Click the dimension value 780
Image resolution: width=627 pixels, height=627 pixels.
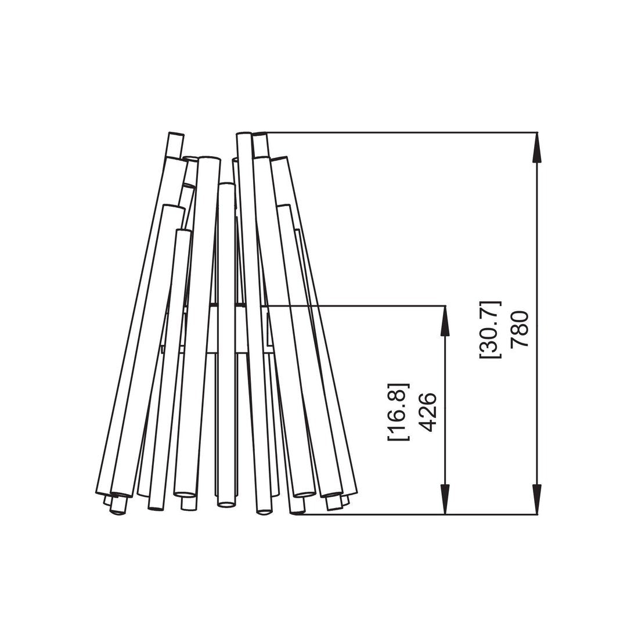click(520, 329)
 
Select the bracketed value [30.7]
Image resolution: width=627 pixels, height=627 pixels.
click(490, 329)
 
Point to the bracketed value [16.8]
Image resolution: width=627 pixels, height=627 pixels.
click(398, 412)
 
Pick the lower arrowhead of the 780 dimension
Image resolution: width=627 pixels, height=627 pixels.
click(537, 499)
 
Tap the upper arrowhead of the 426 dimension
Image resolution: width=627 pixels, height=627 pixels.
click(445, 321)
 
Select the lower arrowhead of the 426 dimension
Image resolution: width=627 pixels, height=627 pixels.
click(445, 499)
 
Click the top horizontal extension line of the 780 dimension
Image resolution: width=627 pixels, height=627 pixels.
click(402, 132)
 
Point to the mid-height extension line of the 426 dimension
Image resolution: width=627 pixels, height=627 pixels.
click(356, 306)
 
